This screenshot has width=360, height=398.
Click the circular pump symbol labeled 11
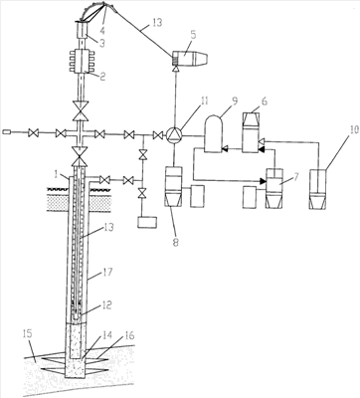point(174,135)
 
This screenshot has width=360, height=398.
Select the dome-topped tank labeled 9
point(213,133)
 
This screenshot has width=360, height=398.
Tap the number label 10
point(354,129)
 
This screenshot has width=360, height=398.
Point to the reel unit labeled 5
point(191,59)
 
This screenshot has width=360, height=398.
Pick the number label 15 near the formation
point(29,333)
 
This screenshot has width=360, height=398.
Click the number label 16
point(129,335)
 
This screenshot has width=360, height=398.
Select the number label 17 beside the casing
point(106,273)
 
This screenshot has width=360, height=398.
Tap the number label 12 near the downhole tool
point(105,304)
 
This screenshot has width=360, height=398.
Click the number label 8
point(175,242)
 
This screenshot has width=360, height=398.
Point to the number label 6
point(264,101)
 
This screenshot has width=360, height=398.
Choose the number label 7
point(294,177)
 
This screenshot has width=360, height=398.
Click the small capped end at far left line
point(7,132)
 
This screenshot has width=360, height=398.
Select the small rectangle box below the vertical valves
point(147,222)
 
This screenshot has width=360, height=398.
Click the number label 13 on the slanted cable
point(156,23)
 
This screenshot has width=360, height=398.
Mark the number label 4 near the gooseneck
point(102,31)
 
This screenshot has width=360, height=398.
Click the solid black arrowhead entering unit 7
point(263,181)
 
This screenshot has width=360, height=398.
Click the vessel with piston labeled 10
point(318,189)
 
